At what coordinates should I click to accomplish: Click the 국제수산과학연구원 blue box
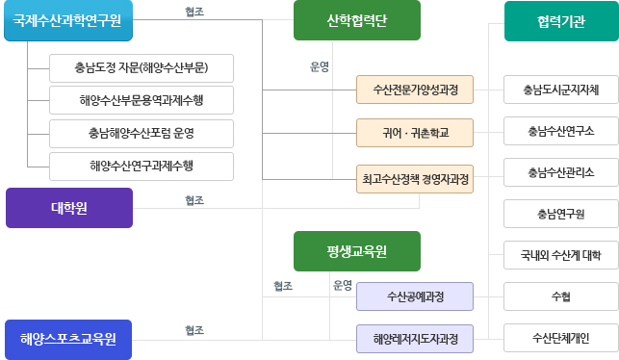point(67,21)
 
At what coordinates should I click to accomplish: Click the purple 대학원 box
point(69,207)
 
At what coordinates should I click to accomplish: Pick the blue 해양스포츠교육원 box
point(68,339)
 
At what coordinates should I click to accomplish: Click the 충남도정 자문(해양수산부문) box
point(142,68)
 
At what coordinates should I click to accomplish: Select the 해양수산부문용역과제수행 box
point(142,100)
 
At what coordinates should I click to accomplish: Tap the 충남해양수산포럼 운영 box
point(142,133)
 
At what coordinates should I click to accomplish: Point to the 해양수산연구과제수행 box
point(142,166)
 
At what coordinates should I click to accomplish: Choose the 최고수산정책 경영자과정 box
point(415,178)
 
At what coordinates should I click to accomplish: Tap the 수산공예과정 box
point(415,296)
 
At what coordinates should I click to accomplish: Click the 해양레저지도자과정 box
point(415,339)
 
